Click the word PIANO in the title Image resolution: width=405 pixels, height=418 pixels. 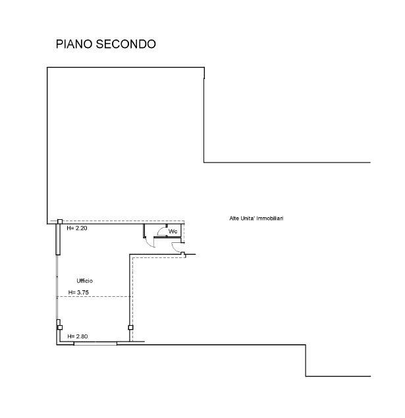[74, 45]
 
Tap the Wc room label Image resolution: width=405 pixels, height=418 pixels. [173, 232]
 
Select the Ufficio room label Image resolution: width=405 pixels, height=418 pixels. [76, 281]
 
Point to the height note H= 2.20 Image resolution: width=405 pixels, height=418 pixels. [76, 228]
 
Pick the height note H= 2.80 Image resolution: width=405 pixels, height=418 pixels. [78, 336]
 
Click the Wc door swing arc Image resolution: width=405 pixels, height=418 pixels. [161, 230]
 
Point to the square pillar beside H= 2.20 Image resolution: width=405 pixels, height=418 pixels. [59, 222]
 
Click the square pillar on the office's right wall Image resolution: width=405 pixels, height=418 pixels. [130, 327]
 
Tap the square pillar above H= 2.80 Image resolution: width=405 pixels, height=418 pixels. [59, 327]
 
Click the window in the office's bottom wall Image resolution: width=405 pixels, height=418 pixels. [95, 343]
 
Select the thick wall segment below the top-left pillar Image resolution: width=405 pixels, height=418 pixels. [58, 240]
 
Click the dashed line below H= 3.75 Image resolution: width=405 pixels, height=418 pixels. [92, 297]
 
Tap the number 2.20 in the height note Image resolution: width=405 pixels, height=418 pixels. [81, 228]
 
